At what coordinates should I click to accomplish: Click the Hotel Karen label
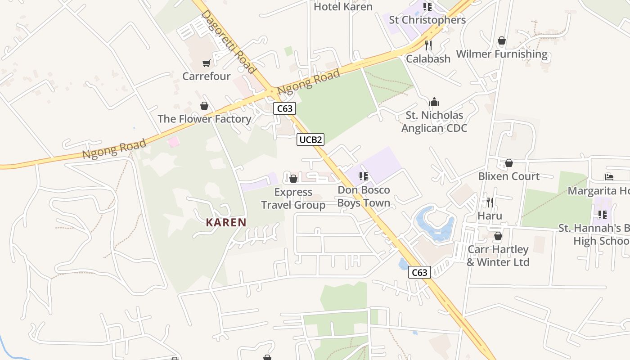pyautogui.click(x=343, y=7)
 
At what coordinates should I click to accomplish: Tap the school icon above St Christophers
pyautogui.click(x=427, y=6)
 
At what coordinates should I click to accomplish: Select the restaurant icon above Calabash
pyautogui.click(x=428, y=45)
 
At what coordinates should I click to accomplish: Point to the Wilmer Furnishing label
pyautogui.click(x=502, y=54)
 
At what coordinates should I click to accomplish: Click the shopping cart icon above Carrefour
pyautogui.click(x=206, y=63)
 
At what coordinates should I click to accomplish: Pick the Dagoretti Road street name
pyautogui.click(x=228, y=41)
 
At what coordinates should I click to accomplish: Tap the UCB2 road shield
pyautogui.click(x=310, y=139)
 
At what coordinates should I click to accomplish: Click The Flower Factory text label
pyautogui.click(x=204, y=119)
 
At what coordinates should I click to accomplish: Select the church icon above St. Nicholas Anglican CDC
pyautogui.click(x=434, y=102)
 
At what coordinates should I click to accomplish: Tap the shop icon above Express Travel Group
pyautogui.click(x=293, y=179)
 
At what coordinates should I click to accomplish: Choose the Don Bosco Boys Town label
pyautogui.click(x=364, y=196)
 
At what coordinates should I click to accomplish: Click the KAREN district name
pyautogui.click(x=226, y=222)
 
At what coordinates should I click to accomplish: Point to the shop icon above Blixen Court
pyautogui.click(x=509, y=163)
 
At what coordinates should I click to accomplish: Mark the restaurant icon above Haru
pyautogui.click(x=490, y=202)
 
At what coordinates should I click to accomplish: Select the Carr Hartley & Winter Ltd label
pyautogui.click(x=498, y=256)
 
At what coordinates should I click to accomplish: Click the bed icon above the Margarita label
pyautogui.click(x=609, y=177)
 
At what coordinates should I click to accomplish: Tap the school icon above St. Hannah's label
pyautogui.click(x=602, y=215)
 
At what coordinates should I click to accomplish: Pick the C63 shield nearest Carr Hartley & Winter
pyautogui.click(x=419, y=272)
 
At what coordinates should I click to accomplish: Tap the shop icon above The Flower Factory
pyautogui.click(x=204, y=106)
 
